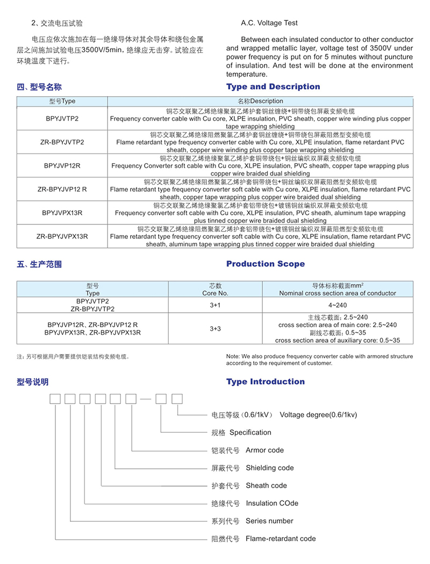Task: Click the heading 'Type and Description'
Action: point(273,87)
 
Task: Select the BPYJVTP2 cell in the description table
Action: point(62,119)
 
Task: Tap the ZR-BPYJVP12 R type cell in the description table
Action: point(62,189)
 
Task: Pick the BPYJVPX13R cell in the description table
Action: point(62,213)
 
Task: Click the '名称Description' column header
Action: point(260,101)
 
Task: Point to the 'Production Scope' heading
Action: point(266,264)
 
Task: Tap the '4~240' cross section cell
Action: point(338,305)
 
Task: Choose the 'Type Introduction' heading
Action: point(266,382)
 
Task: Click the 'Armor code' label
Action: point(264,450)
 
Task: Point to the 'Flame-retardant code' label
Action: point(281,538)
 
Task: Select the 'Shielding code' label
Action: point(270,468)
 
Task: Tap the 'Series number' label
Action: point(269,520)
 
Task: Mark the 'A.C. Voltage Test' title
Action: point(269,23)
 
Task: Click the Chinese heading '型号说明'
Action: point(33,382)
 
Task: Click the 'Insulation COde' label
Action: point(272,503)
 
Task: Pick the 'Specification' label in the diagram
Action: point(250,432)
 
